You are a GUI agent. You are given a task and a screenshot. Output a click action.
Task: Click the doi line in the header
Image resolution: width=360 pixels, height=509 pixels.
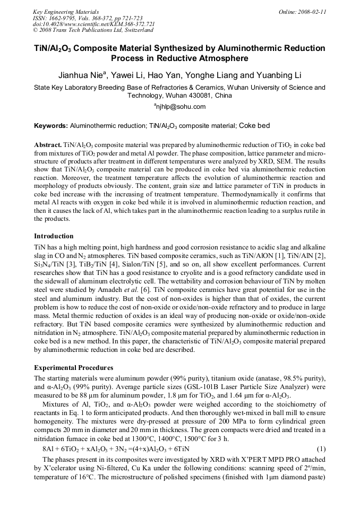(94, 24)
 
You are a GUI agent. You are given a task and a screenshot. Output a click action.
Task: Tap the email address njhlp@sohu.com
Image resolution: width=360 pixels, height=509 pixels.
(180, 107)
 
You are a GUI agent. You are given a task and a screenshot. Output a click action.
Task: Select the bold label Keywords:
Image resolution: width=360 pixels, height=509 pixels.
(51, 126)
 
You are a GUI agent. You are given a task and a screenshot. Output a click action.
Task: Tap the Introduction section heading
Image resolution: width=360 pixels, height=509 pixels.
(54, 236)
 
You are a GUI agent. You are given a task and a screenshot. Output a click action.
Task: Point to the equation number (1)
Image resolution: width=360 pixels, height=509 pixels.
(320, 448)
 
